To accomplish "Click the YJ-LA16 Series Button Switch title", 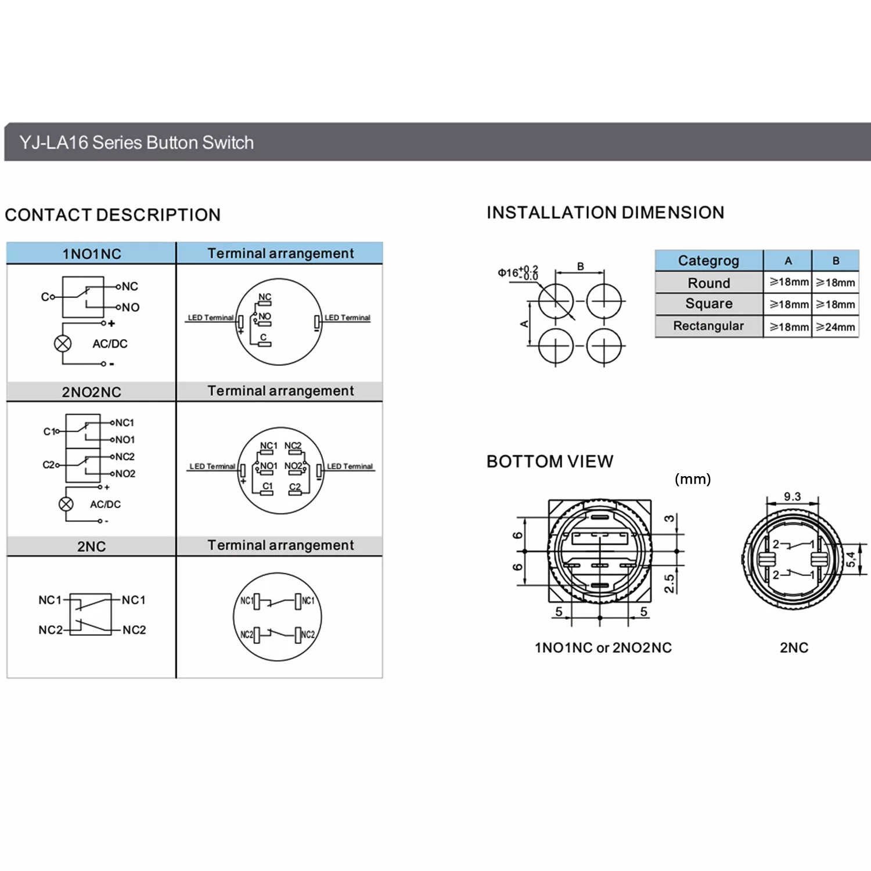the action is pos(136,143).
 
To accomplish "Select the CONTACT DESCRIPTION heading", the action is pos(113,215).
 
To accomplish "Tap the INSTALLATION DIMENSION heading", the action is pos(605,213).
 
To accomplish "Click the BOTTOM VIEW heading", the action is pos(550,462).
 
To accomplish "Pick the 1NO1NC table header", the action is pos(92,254).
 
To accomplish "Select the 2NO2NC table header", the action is pos(92,392).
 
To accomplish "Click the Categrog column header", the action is pos(708,261).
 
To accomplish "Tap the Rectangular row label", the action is pos(708,326).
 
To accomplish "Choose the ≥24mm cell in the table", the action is pos(836,327).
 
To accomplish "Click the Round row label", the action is pos(709,283).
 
